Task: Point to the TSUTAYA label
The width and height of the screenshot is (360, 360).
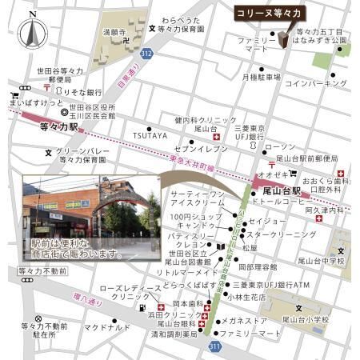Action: [x=150, y=135]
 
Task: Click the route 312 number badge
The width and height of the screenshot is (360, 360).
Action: [x=146, y=53]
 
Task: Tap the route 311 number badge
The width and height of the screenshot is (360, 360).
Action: [x=214, y=346]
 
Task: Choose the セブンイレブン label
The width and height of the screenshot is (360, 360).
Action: [x=197, y=149]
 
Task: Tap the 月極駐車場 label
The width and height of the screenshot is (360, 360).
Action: [x=260, y=77]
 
